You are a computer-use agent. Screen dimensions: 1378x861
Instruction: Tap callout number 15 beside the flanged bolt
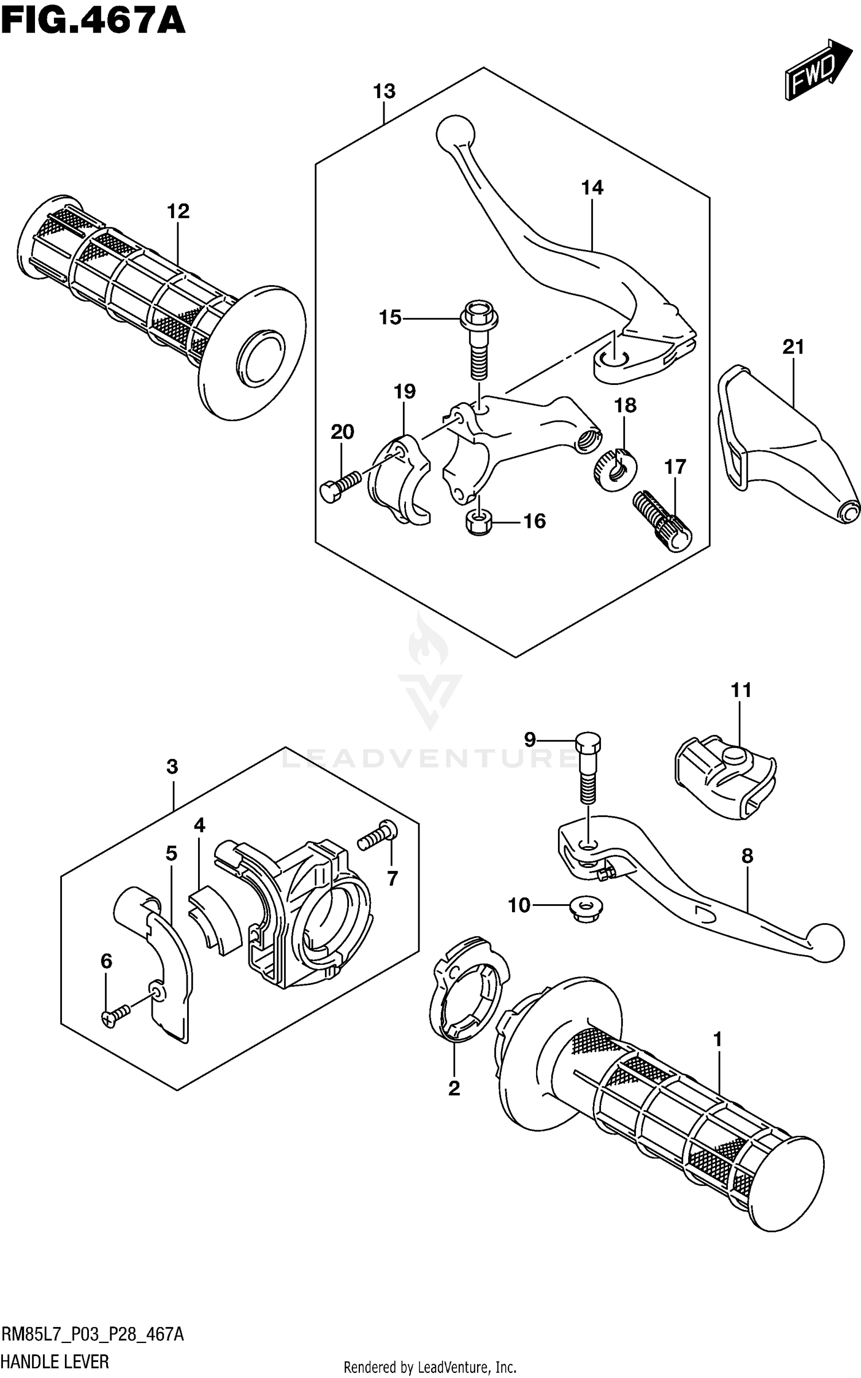click(x=390, y=317)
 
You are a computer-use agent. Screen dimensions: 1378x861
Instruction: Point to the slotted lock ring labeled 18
click(x=614, y=465)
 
